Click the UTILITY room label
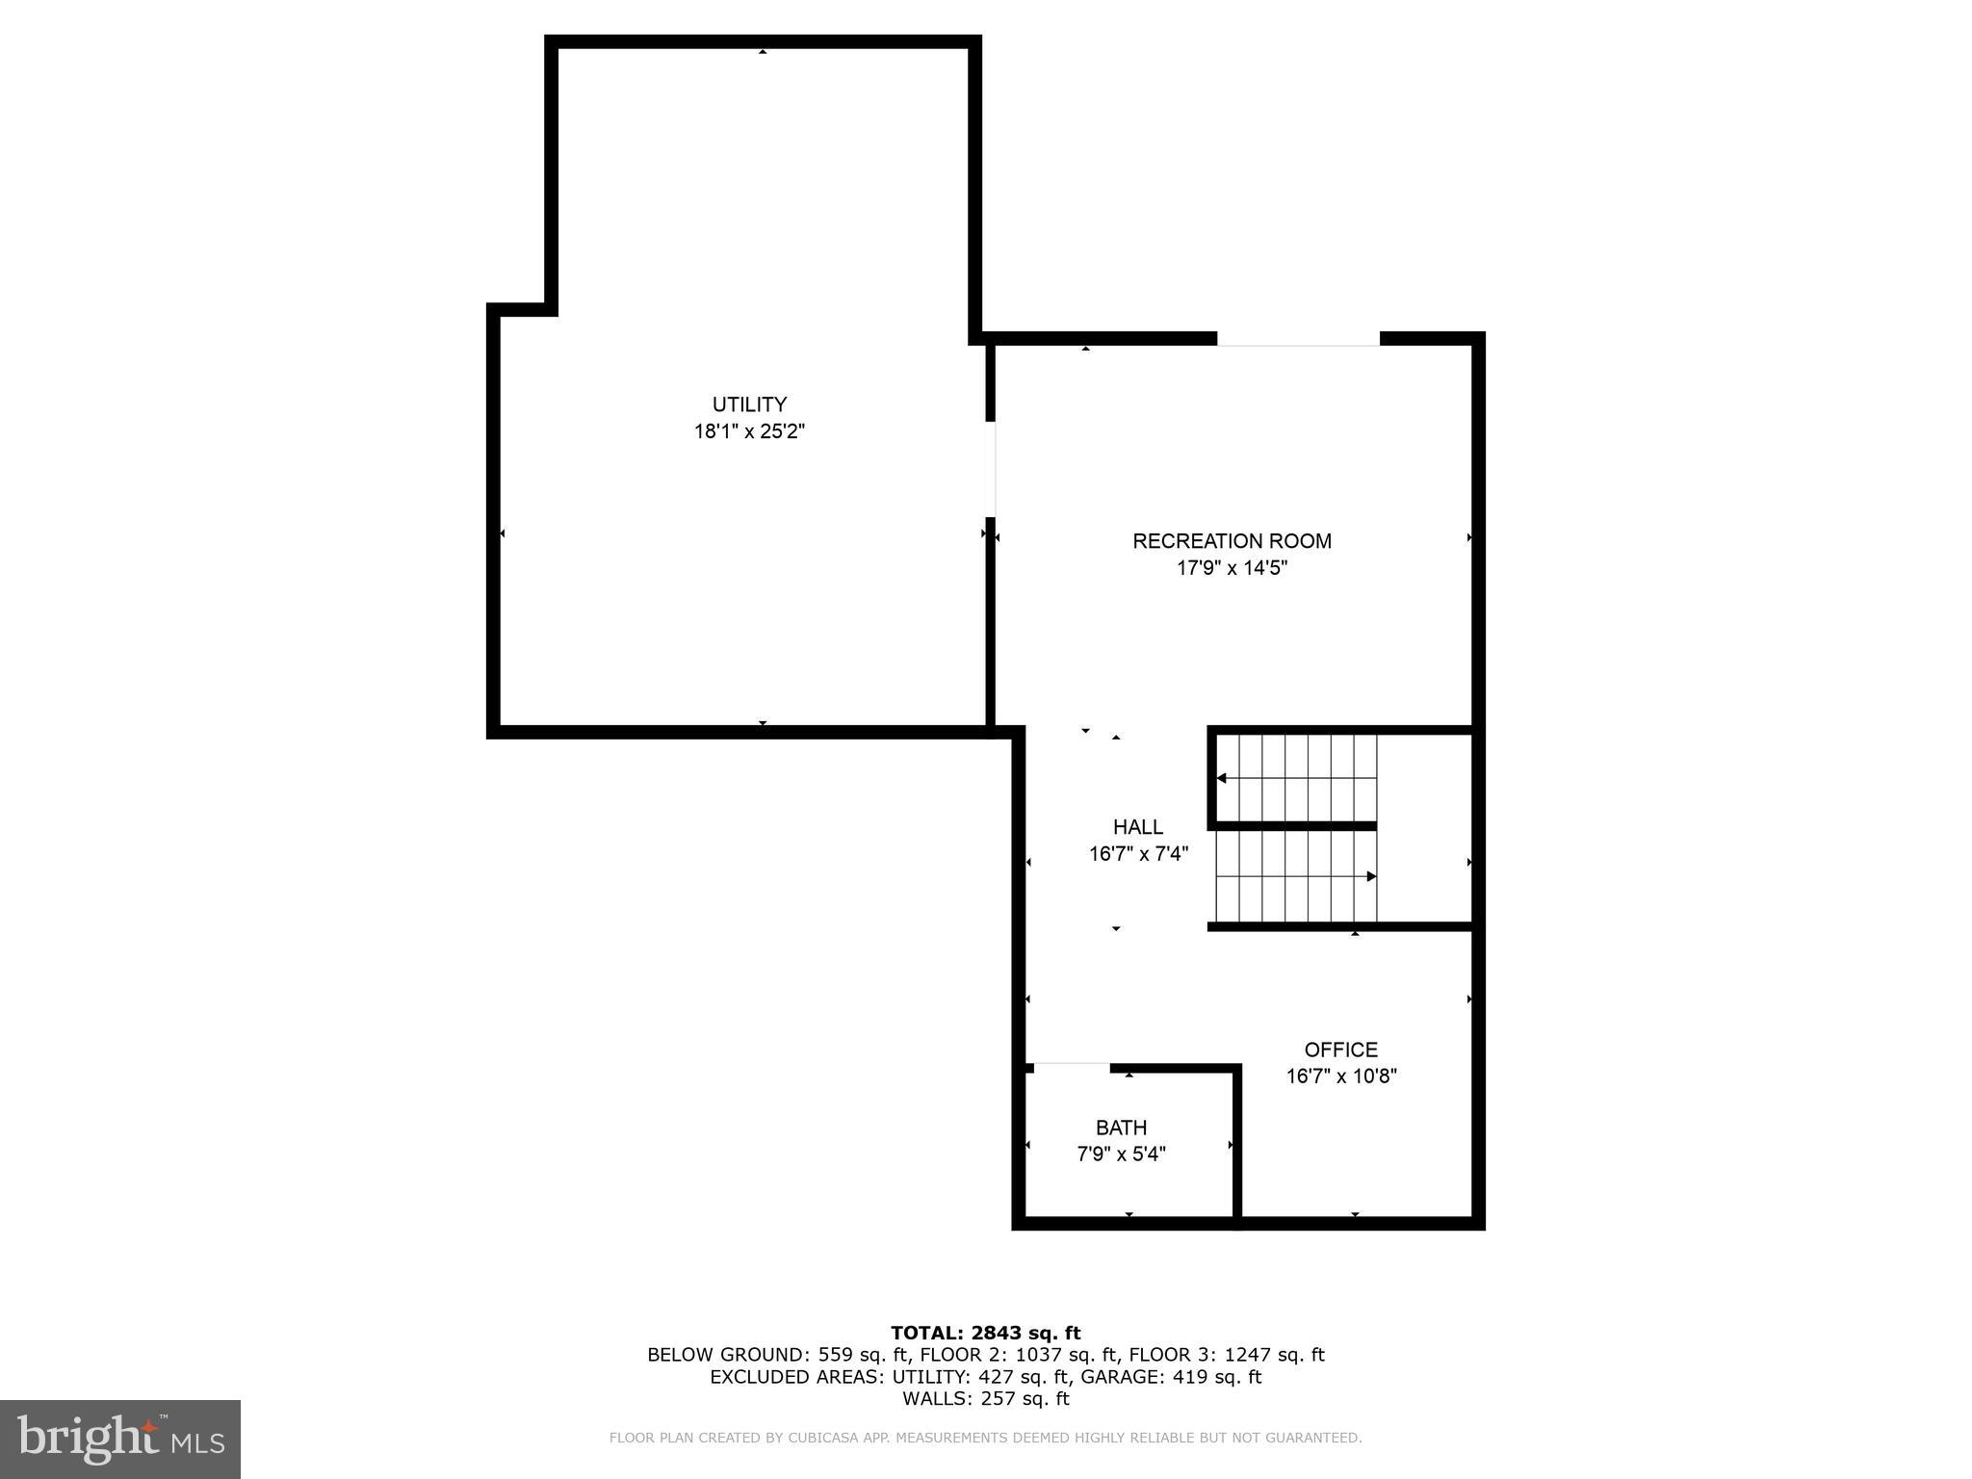tap(749, 404)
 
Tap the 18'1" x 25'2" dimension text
tap(749, 431)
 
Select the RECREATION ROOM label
tap(1232, 541)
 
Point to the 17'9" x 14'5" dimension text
tap(1232, 568)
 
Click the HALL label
tap(1138, 827)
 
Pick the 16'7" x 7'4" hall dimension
tap(1138, 854)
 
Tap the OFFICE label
tap(1340, 1050)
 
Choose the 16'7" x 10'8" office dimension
tap(1340, 1077)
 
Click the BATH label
tap(1121, 1128)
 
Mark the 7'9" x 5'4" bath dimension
tap(1121, 1154)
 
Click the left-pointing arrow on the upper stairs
tap(1222, 778)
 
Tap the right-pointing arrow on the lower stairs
tap(1371, 876)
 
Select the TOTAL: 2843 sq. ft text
tap(985, 1333)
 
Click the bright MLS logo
tap(120, 1439)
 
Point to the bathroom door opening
tap(1072, 1066)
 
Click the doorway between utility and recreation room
tap(990, 470)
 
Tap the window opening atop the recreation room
tap(1298, 339)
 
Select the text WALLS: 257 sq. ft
tap(985, 1398)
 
